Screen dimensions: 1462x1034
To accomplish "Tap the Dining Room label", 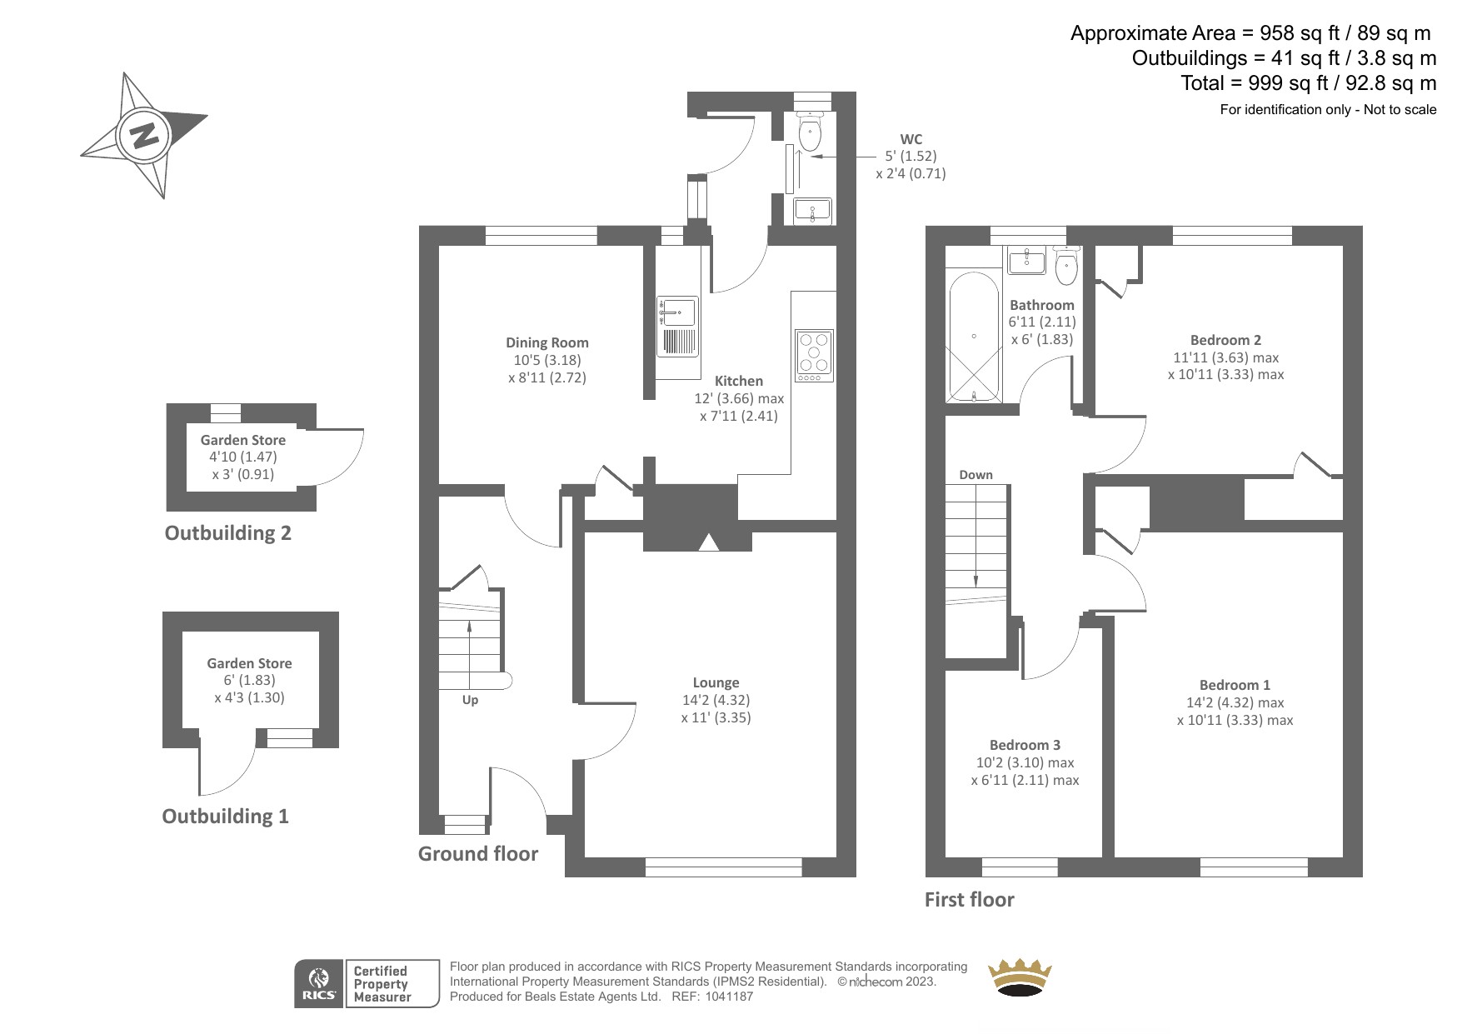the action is (547, 342).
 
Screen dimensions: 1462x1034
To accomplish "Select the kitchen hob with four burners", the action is (814, 355).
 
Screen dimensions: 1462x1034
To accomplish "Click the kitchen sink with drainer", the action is (677, 326).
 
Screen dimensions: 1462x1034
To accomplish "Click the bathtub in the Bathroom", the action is (973, 336).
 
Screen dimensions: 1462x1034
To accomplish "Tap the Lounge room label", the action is (716, 682).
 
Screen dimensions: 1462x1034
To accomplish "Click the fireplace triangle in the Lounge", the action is (708, 542).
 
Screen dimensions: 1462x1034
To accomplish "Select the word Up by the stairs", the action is (470, 700).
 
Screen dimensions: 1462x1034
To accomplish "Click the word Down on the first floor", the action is (975, 475).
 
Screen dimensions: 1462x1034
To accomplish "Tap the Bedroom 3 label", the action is (1025, 745).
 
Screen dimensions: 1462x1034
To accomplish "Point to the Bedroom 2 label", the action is (1225, 340).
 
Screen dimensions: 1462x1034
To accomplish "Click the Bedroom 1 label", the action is (1235, 685).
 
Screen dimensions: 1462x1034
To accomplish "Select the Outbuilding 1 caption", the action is (225, 816).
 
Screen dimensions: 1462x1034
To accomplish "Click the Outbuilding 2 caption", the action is (228, 532).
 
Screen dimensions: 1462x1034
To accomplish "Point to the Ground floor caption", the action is (478, 853).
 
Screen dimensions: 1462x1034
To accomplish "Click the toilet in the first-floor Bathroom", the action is (1065, 264).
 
